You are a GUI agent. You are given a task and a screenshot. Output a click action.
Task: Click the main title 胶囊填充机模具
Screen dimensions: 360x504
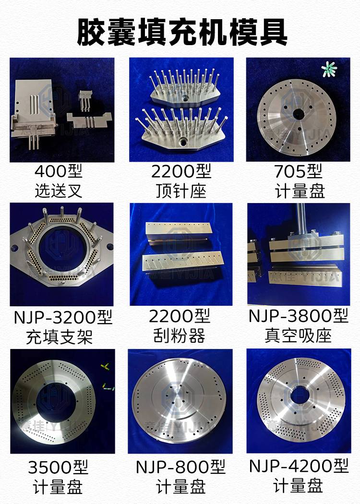pyautogui.click(x=182, y=33)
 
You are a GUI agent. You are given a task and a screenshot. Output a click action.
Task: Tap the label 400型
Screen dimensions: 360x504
pyautogui.click(x=59, y=171)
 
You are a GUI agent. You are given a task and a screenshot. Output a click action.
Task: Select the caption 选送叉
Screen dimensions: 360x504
pyautogui.click(x=59, y=191)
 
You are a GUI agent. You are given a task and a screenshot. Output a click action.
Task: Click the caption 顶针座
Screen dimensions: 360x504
pyautogui.click(x=181, y=191)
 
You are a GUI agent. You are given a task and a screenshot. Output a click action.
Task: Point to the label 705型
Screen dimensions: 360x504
pyautogui.click(x=298, y=171)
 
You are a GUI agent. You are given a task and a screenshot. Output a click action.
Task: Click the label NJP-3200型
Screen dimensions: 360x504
pyautogui.click(x=63, y=317)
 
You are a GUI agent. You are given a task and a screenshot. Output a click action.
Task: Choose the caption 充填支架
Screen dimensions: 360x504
pyautogui.click(x=60, y=337)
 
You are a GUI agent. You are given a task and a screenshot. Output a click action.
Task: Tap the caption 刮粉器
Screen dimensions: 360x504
pyautogui.click(x=180, y=336)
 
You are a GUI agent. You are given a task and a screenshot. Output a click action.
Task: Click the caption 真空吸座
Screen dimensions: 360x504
pyautogui.click(x=298, y=336)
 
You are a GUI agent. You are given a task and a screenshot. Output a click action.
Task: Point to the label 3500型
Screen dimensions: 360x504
pyautogui.click(x=58, y=467)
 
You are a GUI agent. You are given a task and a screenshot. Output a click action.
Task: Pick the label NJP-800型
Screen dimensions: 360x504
pyautogui.click(x=180, y=467)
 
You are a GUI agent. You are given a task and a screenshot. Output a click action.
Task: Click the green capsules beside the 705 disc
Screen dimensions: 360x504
pyautogui.click(x=328, y=69)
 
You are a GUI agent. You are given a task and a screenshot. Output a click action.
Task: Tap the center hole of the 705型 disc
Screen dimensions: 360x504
pyautogui.click(x=299, y=114)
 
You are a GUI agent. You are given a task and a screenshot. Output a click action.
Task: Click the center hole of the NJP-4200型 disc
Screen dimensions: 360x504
pyautogui.click(x=300, y=396)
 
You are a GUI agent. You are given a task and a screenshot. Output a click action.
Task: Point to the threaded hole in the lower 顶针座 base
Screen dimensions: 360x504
pyautogui.click(x=183, y=141)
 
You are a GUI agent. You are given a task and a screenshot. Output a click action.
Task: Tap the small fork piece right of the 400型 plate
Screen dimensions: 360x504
pyautogui.click(x=84, y=99)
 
